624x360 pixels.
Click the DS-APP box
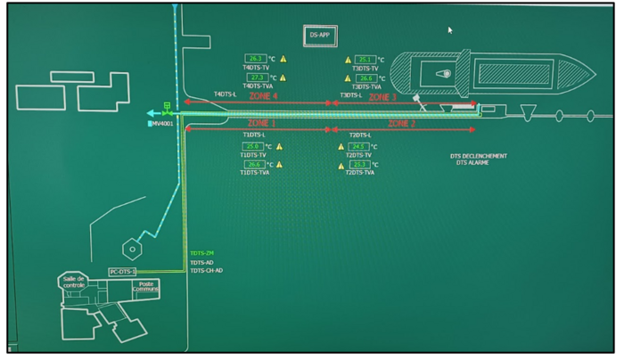tap(319, 35)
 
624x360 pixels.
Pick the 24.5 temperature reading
tap(359, 146)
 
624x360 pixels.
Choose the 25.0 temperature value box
tap(253, 146)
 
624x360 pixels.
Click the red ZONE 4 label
tap(264, 95)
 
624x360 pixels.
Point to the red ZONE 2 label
tap(403, 122)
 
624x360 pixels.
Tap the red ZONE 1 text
tap(262, 122)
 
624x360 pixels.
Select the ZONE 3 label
tap(383, 95)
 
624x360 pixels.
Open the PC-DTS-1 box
tap(123, 271)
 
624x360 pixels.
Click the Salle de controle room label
tap(74, 282)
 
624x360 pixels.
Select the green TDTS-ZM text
tap(202, 254)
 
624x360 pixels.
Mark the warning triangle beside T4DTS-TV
tap(283, 59)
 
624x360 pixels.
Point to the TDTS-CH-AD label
tap(206, 271)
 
